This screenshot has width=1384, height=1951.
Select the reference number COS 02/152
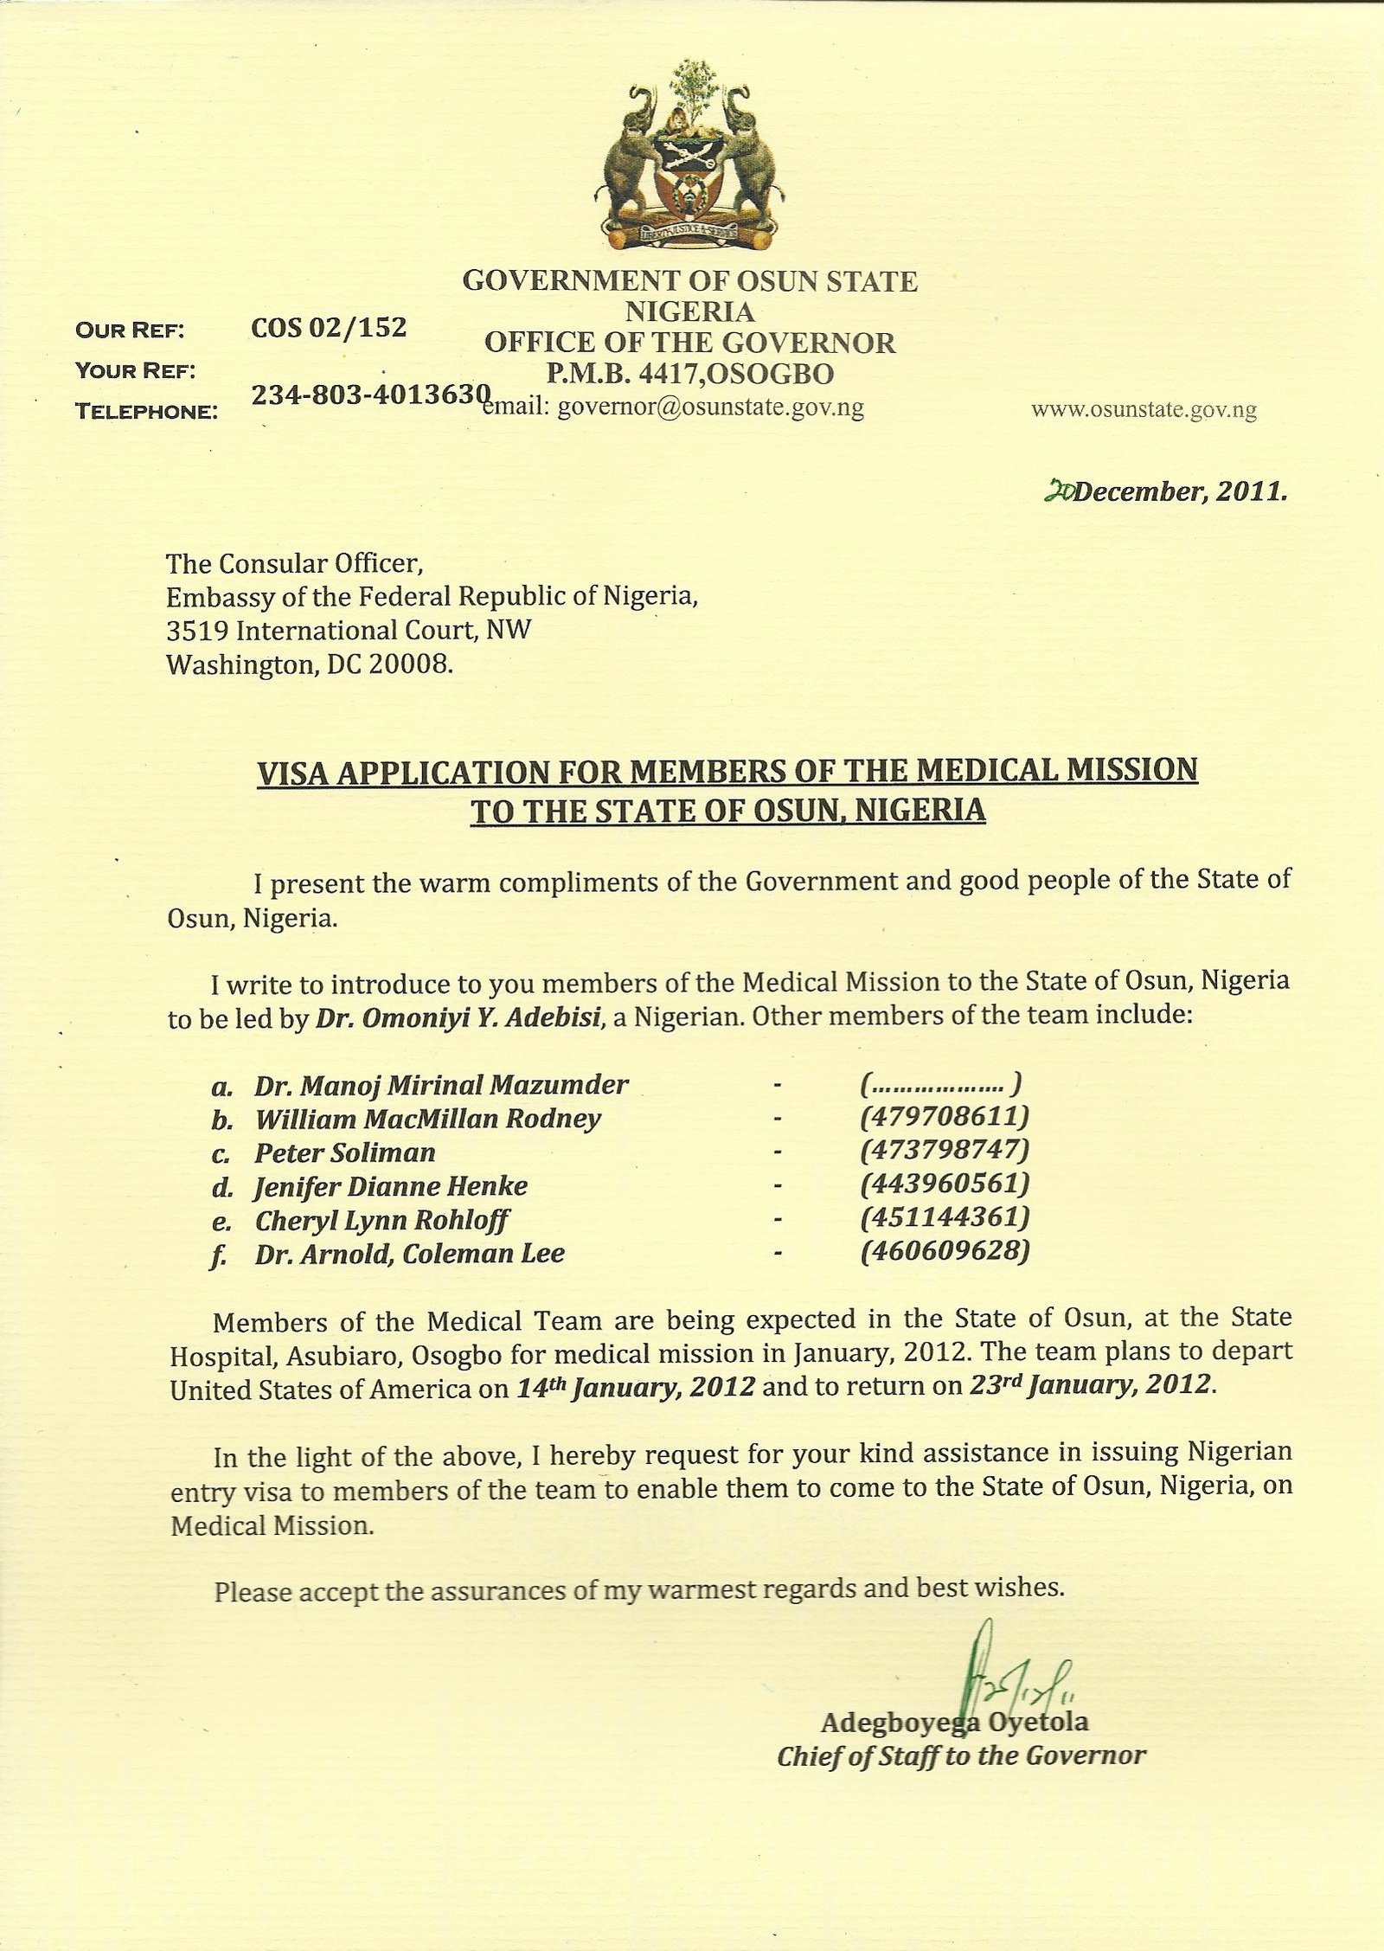328,327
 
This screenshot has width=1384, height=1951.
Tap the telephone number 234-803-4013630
372,395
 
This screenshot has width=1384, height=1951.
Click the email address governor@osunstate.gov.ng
710,408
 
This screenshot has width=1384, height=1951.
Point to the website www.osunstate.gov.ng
1144,410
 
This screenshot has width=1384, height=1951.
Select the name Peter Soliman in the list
344,1152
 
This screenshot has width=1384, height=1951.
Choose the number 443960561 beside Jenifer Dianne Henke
945,1184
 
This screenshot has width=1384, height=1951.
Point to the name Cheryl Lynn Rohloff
381,1221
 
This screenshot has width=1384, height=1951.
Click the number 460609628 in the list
945,1252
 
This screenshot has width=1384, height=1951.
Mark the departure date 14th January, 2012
636,1386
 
